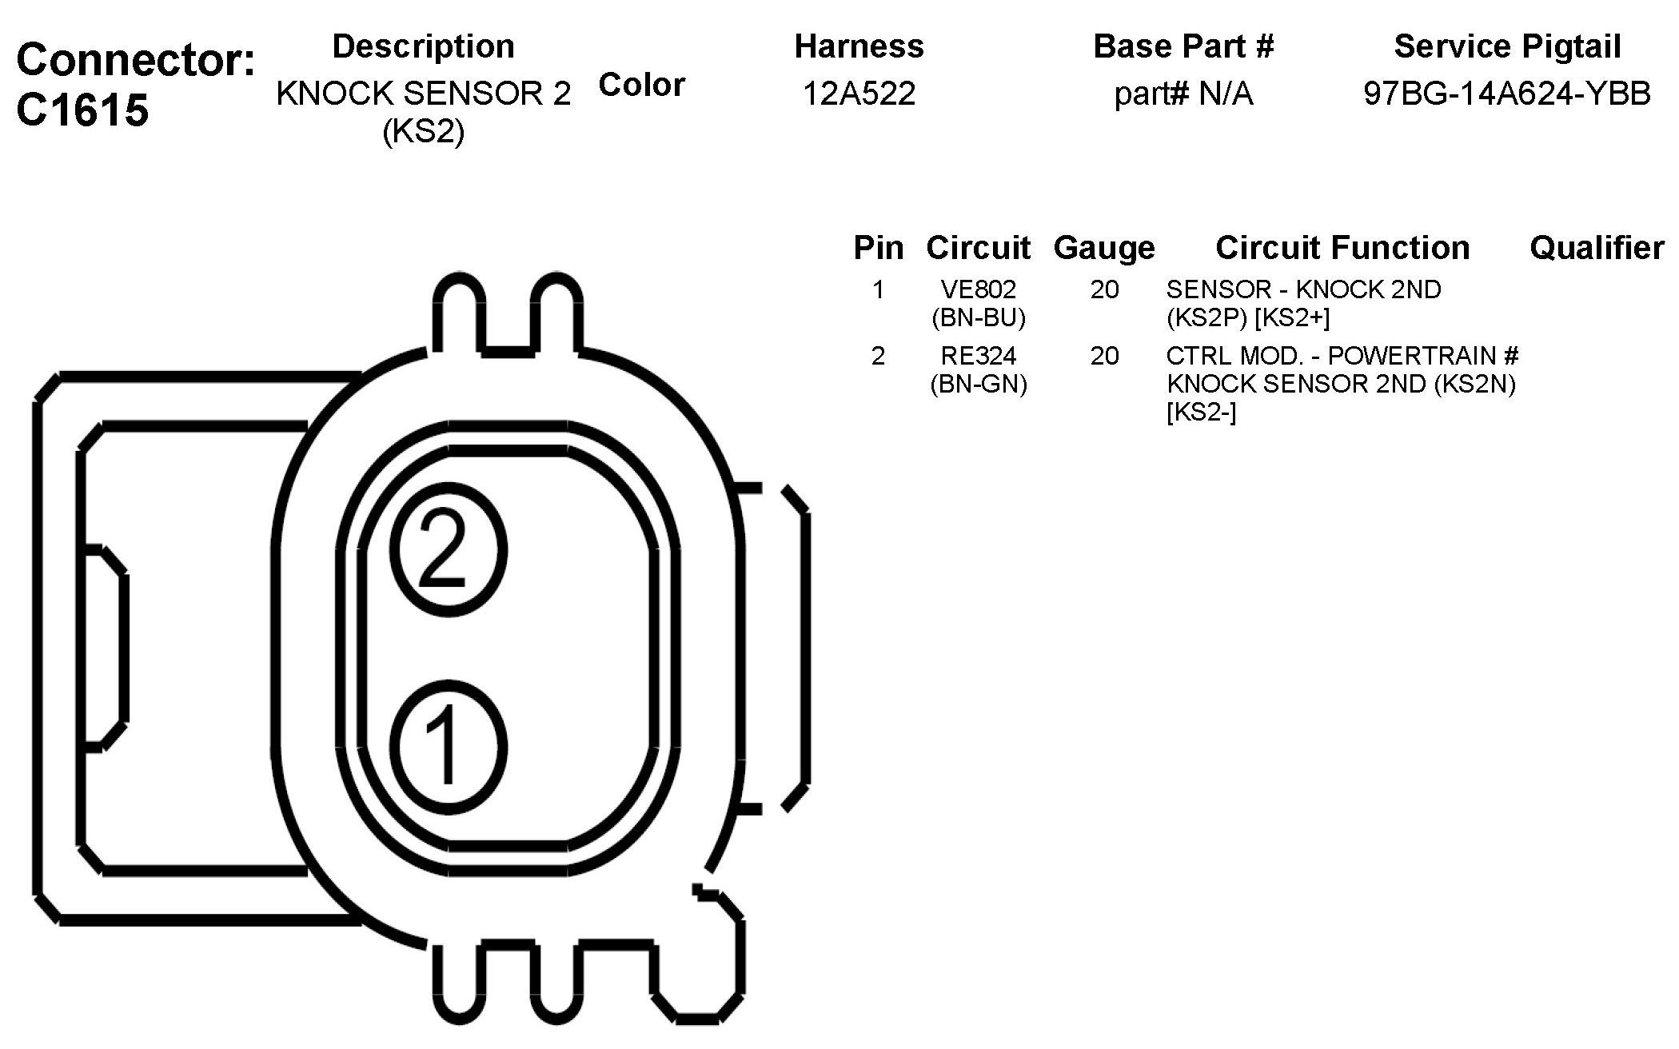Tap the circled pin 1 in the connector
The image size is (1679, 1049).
point(449,747)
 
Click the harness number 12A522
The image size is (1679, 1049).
point(859,94)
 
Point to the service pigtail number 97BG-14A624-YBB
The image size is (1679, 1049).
point(1507,94)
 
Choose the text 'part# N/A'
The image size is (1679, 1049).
point(1183,94)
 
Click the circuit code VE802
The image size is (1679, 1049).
point(979,289)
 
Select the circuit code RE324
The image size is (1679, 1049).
point(979,355)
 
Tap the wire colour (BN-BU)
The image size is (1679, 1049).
point(979,318)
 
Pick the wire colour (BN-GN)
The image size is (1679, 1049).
point(979,385)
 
